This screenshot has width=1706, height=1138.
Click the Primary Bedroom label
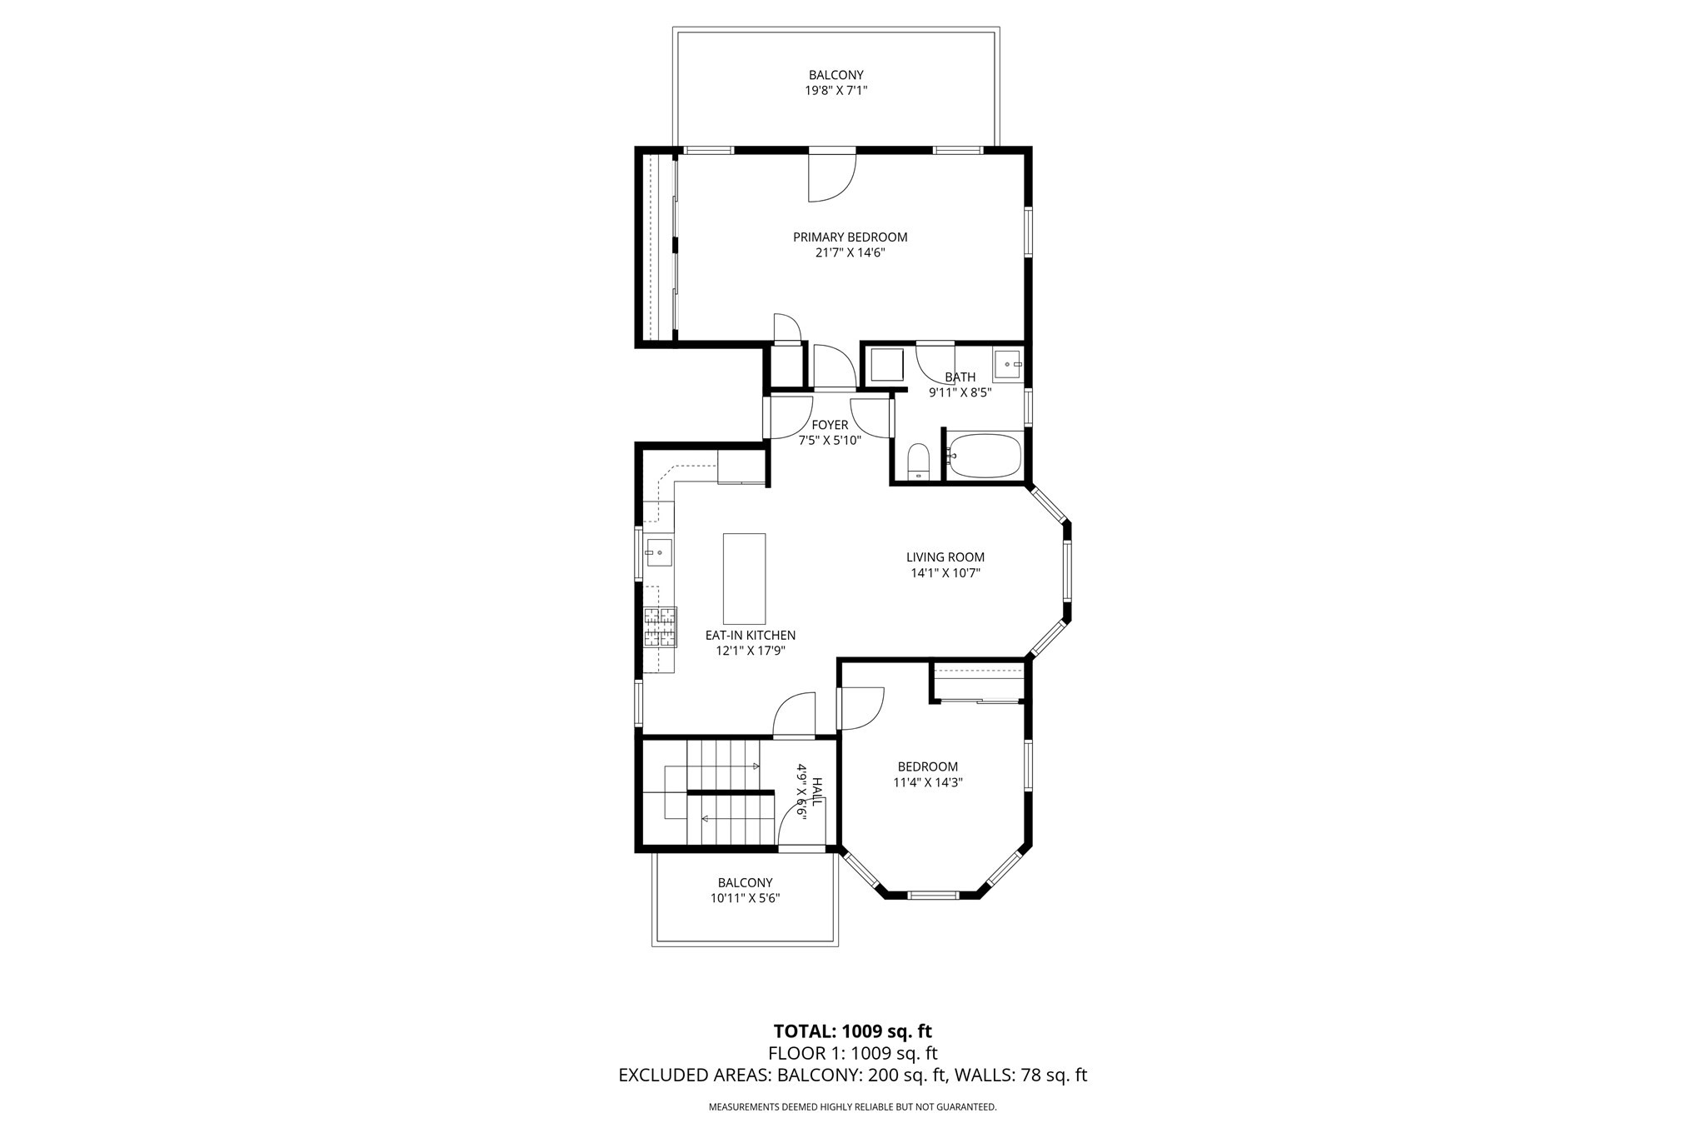pos(850,237)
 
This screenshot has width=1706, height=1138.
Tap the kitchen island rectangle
pos(744,579)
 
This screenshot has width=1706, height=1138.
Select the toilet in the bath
pos(917,462)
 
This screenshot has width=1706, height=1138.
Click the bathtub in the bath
pos(985,456)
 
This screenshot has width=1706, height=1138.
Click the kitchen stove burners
pos(659,627)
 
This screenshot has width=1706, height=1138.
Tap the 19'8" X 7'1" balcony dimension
pos(836,91)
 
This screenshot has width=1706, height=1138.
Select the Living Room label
pos(945,557)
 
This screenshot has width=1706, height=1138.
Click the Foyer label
pos(829,425)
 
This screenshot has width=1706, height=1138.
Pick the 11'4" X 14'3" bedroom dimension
pos(927,782)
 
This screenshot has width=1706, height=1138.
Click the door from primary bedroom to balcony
pos(831,175)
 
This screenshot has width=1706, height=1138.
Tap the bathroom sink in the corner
pos(1007,365)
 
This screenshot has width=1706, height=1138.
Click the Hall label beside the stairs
pos(817,790)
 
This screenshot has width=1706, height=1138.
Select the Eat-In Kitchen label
pos(750,636)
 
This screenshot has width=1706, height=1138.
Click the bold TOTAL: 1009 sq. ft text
pos(852,1031)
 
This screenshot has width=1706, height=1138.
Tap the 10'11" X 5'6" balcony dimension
pos(745,898)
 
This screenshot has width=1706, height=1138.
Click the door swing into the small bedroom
pos(860,708)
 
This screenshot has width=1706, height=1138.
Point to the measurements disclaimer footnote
pos(852,1107)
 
